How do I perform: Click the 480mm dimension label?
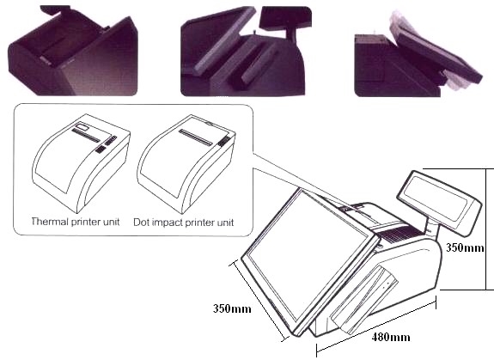coord(391,338)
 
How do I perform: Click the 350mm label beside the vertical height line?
coord(465,247)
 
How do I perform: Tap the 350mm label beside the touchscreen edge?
coord(232,308)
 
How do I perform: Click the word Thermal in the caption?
coord(50,222)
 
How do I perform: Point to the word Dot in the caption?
coord(141,222)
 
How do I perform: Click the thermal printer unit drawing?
coord(81,164)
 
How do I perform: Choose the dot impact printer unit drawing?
coord(186,164)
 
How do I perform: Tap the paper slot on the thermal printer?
coord(86,135)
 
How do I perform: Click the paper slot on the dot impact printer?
coord(196,137)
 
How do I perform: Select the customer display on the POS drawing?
coord(439,203)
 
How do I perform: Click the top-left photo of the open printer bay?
coord(73,51)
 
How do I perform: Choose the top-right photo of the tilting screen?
coord(418,53)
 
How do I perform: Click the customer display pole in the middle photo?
coord(290,34)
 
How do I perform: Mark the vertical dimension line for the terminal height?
coord(486,229)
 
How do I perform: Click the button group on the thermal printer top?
coord(107,145)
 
